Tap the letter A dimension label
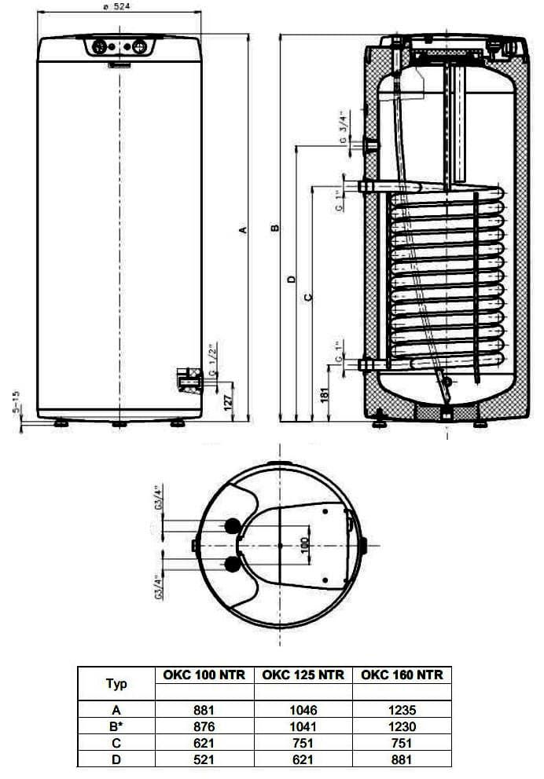(x=244, y=229)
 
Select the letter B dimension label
(x=274, y=229)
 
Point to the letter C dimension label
(x=307, y=296)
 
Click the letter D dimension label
(x=291, y=280)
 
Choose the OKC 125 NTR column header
(x=303, y=675)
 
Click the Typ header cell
(x=116, y=683)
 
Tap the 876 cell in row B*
(x=204, y=727)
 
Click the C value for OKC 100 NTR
(x=204, y=743)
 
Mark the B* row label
(x=116, y=727)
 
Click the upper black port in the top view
(x=233, y=525)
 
